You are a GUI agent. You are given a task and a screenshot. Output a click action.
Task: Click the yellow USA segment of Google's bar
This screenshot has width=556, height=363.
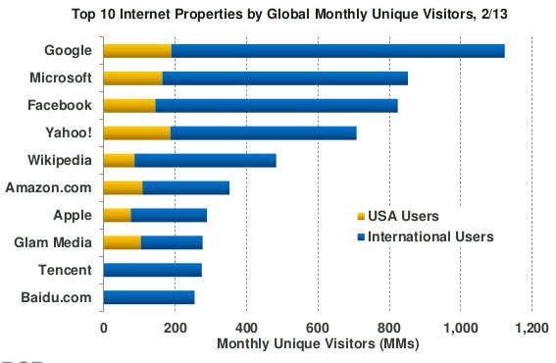137,51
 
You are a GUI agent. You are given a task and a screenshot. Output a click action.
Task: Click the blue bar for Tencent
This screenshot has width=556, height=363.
152,270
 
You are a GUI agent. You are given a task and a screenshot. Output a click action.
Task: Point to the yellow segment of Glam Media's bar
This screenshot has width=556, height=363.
122,242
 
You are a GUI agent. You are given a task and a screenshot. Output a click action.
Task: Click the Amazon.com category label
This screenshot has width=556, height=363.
48,187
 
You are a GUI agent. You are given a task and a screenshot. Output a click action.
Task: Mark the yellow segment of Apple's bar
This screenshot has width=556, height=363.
117,215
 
